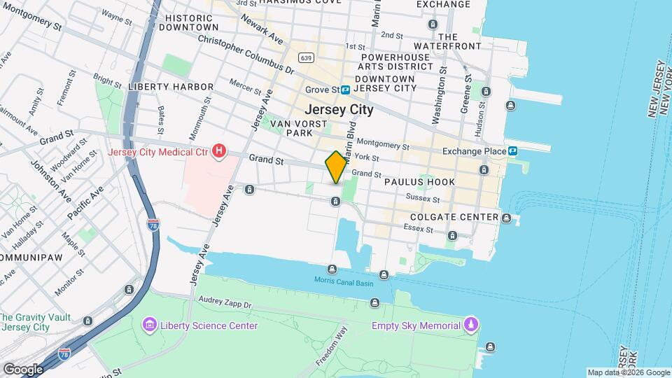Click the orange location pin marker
(x=336, y=167)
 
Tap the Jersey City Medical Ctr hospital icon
(x=220, y=151)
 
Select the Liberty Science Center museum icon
(x=149, y=325)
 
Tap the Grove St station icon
(x=356, y=90)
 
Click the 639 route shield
(x=304, y=57)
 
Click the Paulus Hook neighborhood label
(x=419, y=182)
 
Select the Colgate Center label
(x=454, y=217)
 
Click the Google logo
(x=23, y=369)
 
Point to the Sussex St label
(x=423, y=199)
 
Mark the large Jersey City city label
(x=339, y=110)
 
